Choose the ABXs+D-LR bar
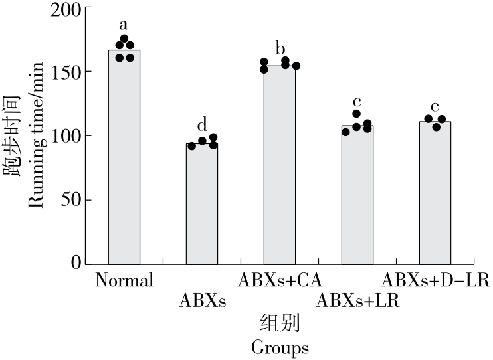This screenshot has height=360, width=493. click(x=435, y=193)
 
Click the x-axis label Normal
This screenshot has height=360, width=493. click(x=124, y=280)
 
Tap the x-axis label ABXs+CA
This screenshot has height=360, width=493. click(x=280, y=280)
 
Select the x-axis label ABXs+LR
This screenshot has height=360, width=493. click(x=357, y=301)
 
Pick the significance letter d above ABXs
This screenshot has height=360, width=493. click(x=202, y=125)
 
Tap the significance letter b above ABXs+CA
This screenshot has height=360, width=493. click(x=280, y=48)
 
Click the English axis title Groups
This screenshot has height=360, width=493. click(x=280, y=347)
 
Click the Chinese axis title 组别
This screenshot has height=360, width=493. click(x=280, y=324)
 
